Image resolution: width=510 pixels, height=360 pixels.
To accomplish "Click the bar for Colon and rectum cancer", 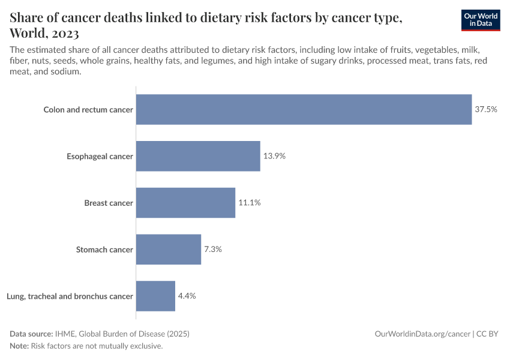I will click(304, 110).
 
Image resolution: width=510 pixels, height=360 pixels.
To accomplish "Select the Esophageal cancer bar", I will click(198, 156).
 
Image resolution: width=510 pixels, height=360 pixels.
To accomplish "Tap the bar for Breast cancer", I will click(185, 203).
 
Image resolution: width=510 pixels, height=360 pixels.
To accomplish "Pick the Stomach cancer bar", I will click(169, 249).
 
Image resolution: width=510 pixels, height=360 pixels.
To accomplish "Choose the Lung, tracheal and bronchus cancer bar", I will click(155, 296).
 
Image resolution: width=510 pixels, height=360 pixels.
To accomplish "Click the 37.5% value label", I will click(486, 110).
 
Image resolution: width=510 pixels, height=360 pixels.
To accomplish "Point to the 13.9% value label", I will click(274, 156).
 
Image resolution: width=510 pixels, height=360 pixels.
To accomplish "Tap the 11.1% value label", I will click(250, 203).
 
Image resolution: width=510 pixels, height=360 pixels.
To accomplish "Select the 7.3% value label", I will click(213, 249).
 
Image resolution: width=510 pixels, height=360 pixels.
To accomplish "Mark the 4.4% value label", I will click(187, 296).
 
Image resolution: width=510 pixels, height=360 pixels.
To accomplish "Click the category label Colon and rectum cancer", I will click(88, 110).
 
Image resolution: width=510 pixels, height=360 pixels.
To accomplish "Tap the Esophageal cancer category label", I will click(100, 157).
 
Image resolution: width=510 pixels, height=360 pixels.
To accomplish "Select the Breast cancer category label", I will click(109, 203).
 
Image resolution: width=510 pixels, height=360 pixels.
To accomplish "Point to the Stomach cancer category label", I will click(104, 250).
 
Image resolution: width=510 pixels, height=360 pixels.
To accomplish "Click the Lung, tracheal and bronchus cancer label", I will click(70, 296).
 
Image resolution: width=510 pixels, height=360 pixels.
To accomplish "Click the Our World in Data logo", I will click(481, 19).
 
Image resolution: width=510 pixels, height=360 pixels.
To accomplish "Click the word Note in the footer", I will click(19, 346).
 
